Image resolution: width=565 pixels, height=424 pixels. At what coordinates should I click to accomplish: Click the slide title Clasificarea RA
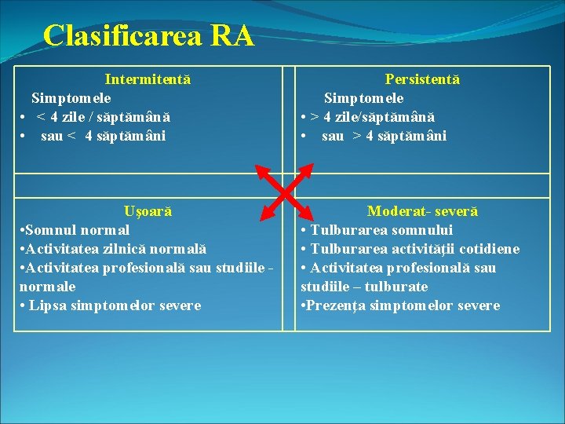tap(148, 36)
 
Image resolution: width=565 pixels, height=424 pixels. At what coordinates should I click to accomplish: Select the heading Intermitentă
tap(148, 79)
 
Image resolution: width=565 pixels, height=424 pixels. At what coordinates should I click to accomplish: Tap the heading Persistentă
tap(422, 79)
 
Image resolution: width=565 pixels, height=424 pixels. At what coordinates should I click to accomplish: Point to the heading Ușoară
tap(148, 211)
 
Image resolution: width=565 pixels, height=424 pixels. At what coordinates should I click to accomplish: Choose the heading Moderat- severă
tap(422, 211)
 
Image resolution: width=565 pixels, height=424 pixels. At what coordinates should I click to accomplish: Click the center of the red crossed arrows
tap(284, 191)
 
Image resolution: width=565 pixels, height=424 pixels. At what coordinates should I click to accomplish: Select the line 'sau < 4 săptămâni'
tap(104, 136)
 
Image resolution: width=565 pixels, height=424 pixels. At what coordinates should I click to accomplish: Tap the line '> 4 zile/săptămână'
tap(373, 117)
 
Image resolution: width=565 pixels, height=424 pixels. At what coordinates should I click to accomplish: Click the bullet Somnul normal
tap(75, 230)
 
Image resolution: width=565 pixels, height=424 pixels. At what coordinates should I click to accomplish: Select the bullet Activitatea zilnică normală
tap(112, 249)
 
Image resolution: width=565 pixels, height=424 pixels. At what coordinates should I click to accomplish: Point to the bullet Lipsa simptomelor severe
tap(111, 305)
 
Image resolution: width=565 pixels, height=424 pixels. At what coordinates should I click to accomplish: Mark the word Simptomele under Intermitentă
tap(71, 98)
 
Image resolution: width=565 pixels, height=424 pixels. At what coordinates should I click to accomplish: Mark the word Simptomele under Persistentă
tap(364, 98)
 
